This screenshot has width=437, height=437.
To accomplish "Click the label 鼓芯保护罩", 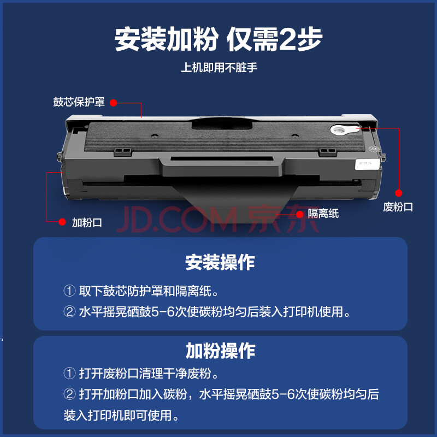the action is [x=79, y=102].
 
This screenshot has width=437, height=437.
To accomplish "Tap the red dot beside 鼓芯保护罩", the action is [x=113, y=103].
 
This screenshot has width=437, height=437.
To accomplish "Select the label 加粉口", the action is [x=87, y=223].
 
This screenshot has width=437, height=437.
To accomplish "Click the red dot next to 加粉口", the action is [x=62, y=222].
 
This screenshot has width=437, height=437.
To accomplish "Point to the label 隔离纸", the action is [x=323, y=214].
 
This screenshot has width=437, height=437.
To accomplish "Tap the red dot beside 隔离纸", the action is [x=299, y=214].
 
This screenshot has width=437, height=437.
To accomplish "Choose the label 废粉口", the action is [x=398, y=207].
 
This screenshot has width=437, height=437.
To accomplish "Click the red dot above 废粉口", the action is [x=399, y=193].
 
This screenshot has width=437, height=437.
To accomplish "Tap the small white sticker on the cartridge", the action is [x=367, y=164].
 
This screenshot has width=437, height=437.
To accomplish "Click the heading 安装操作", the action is [x=220, y=262].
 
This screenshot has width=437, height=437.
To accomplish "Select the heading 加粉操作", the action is [x=220, y=351].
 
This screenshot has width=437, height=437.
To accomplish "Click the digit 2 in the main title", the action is [x=288, y=39].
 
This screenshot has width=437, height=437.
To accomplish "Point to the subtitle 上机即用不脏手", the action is [x=219, y=67].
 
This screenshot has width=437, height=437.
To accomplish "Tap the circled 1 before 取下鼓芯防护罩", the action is [x=69, y=291].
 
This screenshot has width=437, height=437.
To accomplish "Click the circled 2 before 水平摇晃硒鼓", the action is [x=69, y=311].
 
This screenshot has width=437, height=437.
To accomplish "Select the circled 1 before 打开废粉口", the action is [x=69, y=374].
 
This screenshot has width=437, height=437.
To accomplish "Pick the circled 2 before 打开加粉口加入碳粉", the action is [x=69, y=394].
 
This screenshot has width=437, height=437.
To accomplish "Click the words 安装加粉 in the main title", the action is [x=167, y=39].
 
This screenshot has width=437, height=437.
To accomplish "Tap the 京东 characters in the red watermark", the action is [x=283, y=219].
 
